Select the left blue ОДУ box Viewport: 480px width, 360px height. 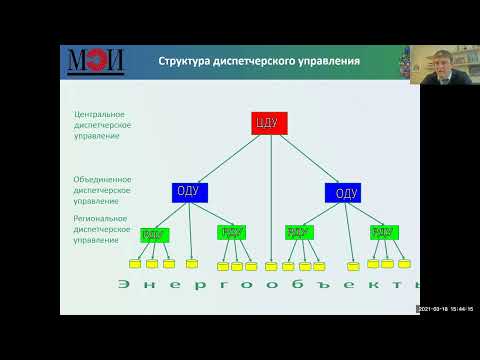point(188,192)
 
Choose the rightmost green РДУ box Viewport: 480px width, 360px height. point(383,233)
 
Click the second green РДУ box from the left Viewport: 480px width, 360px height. point(231,233)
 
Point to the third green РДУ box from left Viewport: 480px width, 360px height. point(298,233)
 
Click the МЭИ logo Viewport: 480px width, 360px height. point(96,63)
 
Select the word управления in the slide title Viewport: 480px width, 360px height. point(324,63)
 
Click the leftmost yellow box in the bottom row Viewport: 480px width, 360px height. point(135,264)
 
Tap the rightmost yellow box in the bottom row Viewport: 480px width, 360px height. point(404,264)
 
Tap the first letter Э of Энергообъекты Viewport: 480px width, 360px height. point(122,287)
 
